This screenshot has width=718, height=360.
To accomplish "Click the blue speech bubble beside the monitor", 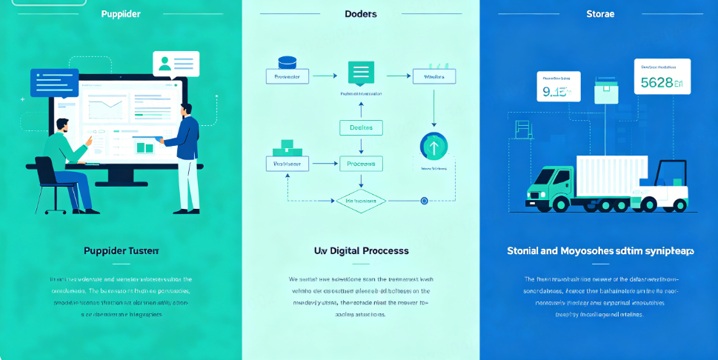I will pyautogui.click(x=54, y=82).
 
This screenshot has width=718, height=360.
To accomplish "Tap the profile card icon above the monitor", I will pyautogui.click(x=176, y=64).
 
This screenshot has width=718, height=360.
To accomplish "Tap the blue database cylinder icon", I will pyautogui.click(x=287, y=62).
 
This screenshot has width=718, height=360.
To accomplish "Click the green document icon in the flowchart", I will pyautogui.click(x=361, y=73).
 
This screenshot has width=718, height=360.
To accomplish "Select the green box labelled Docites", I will pyautogui.click(x=361, y=128).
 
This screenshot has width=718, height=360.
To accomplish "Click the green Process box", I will pyautogui.click(x=361, y=163).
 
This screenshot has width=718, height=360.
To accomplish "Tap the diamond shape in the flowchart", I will pyautogui.click(x=361, y=200).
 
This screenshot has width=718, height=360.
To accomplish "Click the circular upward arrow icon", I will pyautogui.click(x=434, y=147).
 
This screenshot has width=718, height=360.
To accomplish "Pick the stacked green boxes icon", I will pyautogui.click(x=287, y=147).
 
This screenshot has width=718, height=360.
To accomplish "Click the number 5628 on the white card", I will pyautogui.click(x=656, y=83).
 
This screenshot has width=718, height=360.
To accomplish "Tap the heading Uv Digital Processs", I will pyautogui.click(x=361, y=251).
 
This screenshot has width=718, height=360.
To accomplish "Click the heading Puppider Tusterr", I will pyautogui.click(x=121, y=251).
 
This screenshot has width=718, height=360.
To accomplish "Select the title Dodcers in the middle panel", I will pyautogui.click(x=360, y=13).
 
